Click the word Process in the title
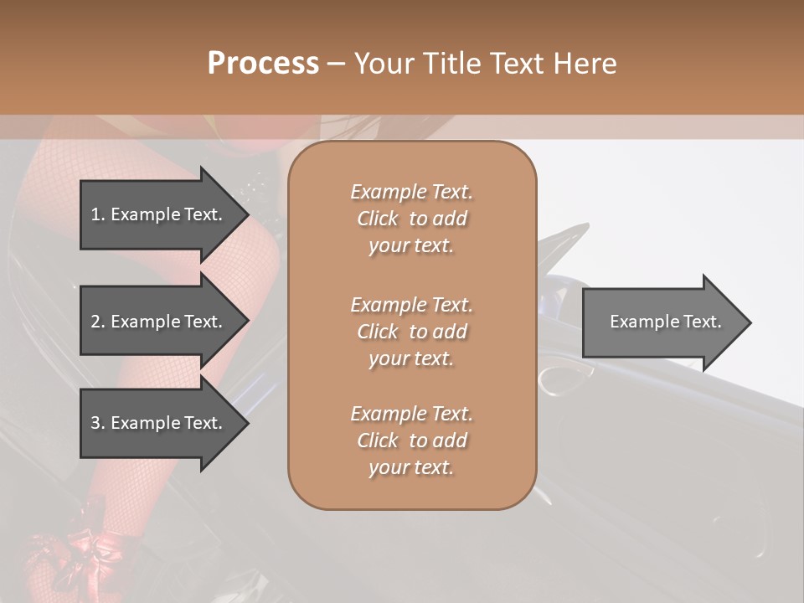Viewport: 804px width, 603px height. (263, 64)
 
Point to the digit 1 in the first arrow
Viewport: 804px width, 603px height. (95, 214)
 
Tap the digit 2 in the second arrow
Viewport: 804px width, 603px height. (95, 322)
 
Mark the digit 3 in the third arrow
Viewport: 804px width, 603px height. (95, 423)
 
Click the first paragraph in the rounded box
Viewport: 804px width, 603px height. (411, 219)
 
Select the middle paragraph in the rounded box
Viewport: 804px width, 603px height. (411, 331)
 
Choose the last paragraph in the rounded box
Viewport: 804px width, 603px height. (411, 441)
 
